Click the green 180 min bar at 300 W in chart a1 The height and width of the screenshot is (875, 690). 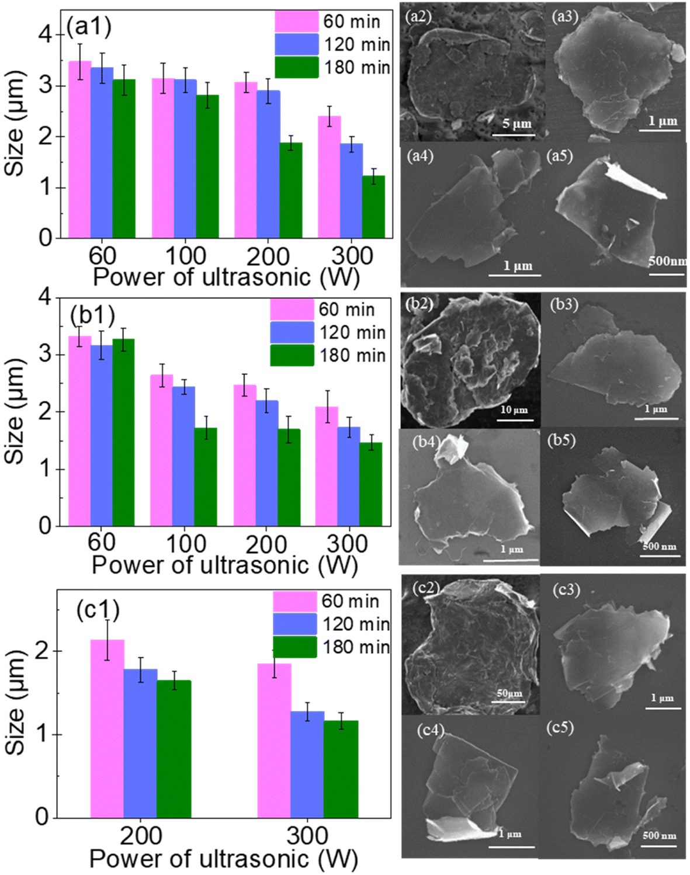[x=373, y=207]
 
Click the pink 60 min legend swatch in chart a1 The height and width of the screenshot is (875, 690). [x=297, y=22]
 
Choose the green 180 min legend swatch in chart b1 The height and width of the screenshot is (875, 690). [x=292, y=355]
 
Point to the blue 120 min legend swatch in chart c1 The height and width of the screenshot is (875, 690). [x=295, y=624]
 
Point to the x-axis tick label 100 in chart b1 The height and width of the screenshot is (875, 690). [x=186, y=544]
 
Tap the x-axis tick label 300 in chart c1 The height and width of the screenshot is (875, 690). [x=307, y=836]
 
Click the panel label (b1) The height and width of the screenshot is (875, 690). [x=92, y=315]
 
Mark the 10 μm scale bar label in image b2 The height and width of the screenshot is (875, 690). [x=514, y=409]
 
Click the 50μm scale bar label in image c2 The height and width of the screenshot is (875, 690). [x=509, y=693]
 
